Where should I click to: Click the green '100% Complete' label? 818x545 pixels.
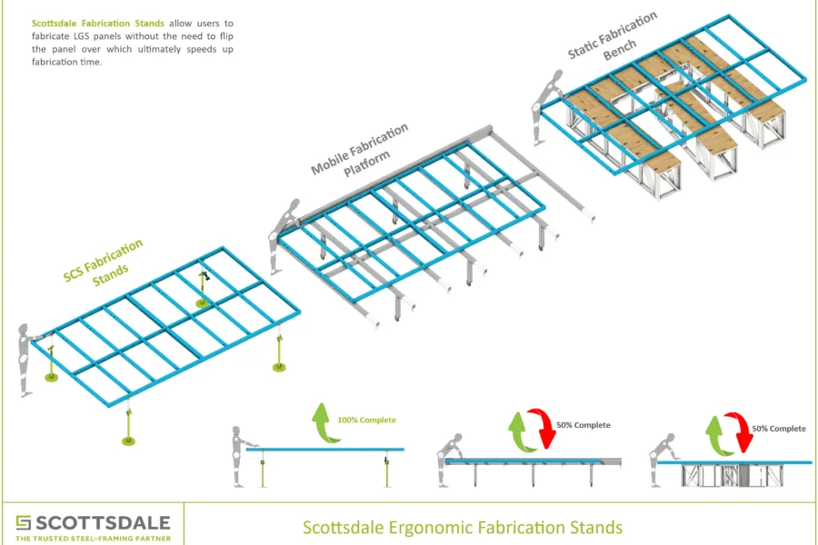[365, 421]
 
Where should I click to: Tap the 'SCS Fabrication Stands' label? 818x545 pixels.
[105, 262]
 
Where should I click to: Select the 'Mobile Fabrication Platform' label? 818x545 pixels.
[359, 149]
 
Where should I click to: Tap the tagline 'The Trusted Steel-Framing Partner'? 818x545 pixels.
[93, 539]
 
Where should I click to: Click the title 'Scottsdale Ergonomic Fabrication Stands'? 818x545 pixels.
[462, 526]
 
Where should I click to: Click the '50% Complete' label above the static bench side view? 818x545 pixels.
[778, 429]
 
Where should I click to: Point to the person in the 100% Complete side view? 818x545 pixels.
[238, 454]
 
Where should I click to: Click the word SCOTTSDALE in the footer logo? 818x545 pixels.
[102, 522]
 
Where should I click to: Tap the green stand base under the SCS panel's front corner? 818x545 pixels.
[128, 441]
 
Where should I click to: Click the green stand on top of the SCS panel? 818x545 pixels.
[204, 289]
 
